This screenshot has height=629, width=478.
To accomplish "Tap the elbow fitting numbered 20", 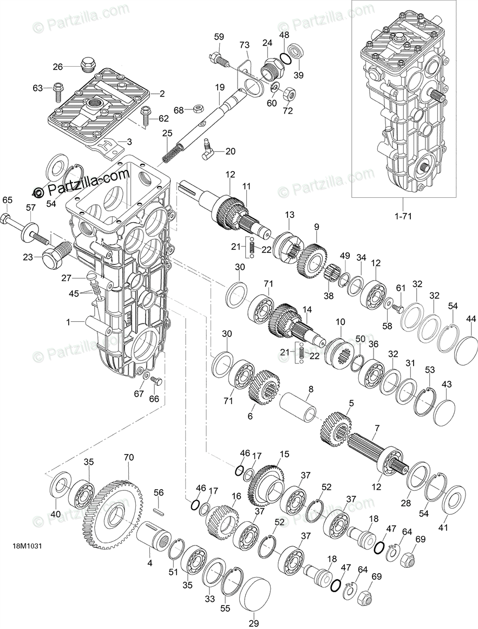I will (x=209, y=151).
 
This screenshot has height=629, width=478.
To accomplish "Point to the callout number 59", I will (x=219, y=37).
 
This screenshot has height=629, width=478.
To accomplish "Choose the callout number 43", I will (x=446, y=384).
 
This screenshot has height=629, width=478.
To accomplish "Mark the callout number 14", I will (x=307, y=309).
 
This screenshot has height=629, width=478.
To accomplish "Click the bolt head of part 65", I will (x=6, y=219).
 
